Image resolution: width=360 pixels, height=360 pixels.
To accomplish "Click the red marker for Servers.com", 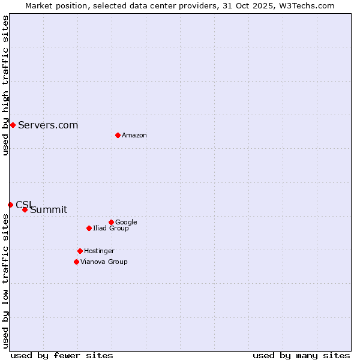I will tap(13, 125).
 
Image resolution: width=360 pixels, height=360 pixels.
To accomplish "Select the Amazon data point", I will tap(118, 135).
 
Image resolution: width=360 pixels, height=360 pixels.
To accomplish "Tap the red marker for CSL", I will tap(10, 205).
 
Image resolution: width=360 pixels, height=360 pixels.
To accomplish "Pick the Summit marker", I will tap(25, 209).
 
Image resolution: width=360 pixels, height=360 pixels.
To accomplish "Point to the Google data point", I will tap(111, 222).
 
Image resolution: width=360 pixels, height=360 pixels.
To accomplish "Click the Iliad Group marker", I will tap(89, 228).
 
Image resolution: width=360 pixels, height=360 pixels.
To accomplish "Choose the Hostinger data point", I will tap(80, 251).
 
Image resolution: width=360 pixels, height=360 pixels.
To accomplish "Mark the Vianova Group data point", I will tap(76, 262).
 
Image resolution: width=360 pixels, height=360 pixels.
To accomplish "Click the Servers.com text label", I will tap(48, 125).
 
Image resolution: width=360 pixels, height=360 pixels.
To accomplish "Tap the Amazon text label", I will tap(134, 136).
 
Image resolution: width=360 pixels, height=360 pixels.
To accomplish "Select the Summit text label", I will tap(49, 209).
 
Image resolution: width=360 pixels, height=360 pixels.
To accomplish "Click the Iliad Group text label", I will tap(111, 228).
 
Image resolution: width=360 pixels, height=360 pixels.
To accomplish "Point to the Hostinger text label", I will tap(99, 251).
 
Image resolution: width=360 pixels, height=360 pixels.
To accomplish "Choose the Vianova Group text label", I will tap(104, 262).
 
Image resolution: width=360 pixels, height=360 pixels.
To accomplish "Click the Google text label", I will tap(126, 222).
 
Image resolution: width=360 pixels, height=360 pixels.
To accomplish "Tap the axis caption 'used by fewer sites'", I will tap(62, 355).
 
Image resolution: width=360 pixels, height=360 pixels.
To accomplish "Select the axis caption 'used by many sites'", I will tap(301, 355).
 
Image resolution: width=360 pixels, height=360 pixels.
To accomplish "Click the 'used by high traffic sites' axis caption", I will tap(5, 85).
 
